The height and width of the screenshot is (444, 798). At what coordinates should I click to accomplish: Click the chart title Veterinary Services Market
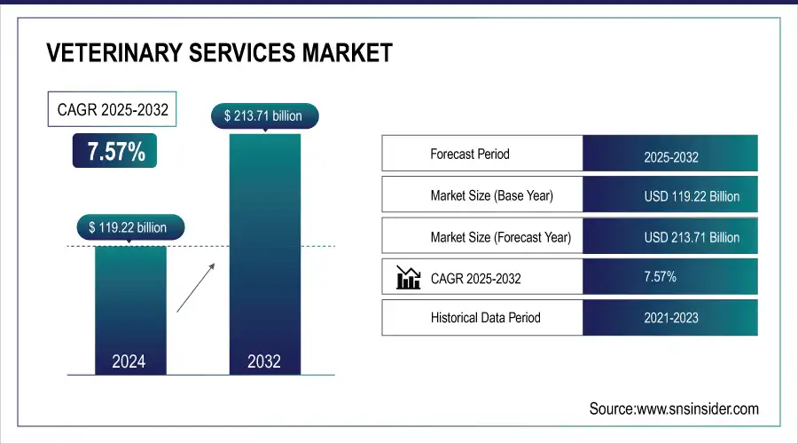click(x=219, y=53)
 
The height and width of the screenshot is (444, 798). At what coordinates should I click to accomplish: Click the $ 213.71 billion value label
click(x=264, y=115)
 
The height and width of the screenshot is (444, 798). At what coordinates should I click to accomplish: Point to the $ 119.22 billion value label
click(x=129, y=227)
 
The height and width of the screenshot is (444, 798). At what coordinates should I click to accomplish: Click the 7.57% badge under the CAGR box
click(x=115, y=152)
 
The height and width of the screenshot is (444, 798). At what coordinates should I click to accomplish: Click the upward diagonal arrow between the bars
click(x=194, y=286)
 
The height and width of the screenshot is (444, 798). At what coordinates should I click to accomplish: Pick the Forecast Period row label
click(x=470, y=154)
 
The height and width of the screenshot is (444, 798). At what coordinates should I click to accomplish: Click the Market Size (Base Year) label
click(x=491, y=195)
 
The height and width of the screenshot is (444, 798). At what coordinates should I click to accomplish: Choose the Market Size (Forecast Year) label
click(x=500, y=237)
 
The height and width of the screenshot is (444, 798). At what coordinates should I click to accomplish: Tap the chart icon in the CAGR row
click(x=408, y=278)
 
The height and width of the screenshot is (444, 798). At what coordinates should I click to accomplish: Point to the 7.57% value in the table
click(x=660, y=277)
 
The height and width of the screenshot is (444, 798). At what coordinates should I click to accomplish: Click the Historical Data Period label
click(x=485, y=317)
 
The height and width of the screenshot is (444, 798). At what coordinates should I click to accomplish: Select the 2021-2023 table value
click(x=670, y=318)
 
